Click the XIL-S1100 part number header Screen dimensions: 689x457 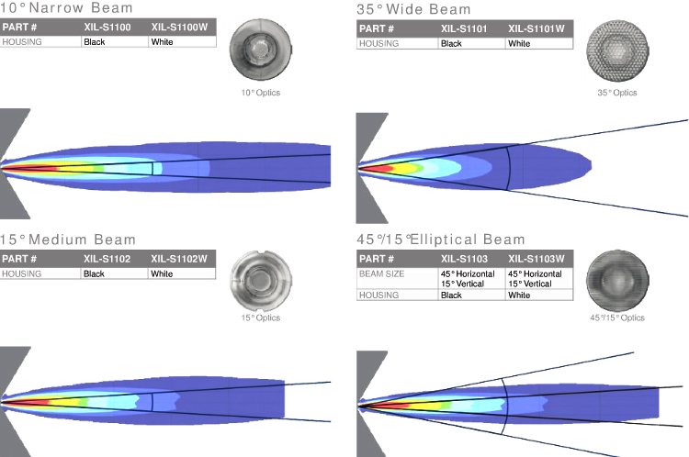coord(107,28)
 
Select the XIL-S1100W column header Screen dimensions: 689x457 coord(179,28)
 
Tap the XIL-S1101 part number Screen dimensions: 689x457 coord(464,29)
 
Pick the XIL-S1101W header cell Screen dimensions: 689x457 coord(537,29)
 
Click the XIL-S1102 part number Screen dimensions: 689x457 coord(107,259)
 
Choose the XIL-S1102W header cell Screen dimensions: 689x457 coord(179,259)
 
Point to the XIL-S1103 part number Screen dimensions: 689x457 coord(464,259)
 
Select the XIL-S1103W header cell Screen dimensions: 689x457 coord(537,259)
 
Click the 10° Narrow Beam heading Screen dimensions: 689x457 coord(66,8)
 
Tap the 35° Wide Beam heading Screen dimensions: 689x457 coord(413,9)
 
